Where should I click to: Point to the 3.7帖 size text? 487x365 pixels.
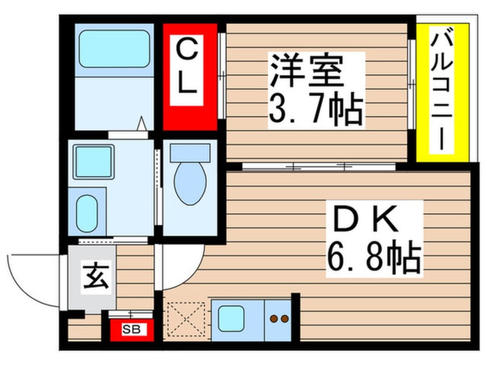click(x=315, y=109)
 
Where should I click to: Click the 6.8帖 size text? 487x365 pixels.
click(x=374, y=258)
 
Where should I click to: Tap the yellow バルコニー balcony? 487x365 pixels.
click(x=443, y=92)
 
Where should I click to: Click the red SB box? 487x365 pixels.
click(x=130, y=330)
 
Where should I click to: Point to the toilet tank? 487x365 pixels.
click(x=190, y=153)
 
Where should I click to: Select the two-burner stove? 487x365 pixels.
click(x=279, y=318)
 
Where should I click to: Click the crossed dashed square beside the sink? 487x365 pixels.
click(x=186, y=320)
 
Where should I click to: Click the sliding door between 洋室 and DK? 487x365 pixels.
click(x=319, y=167)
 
